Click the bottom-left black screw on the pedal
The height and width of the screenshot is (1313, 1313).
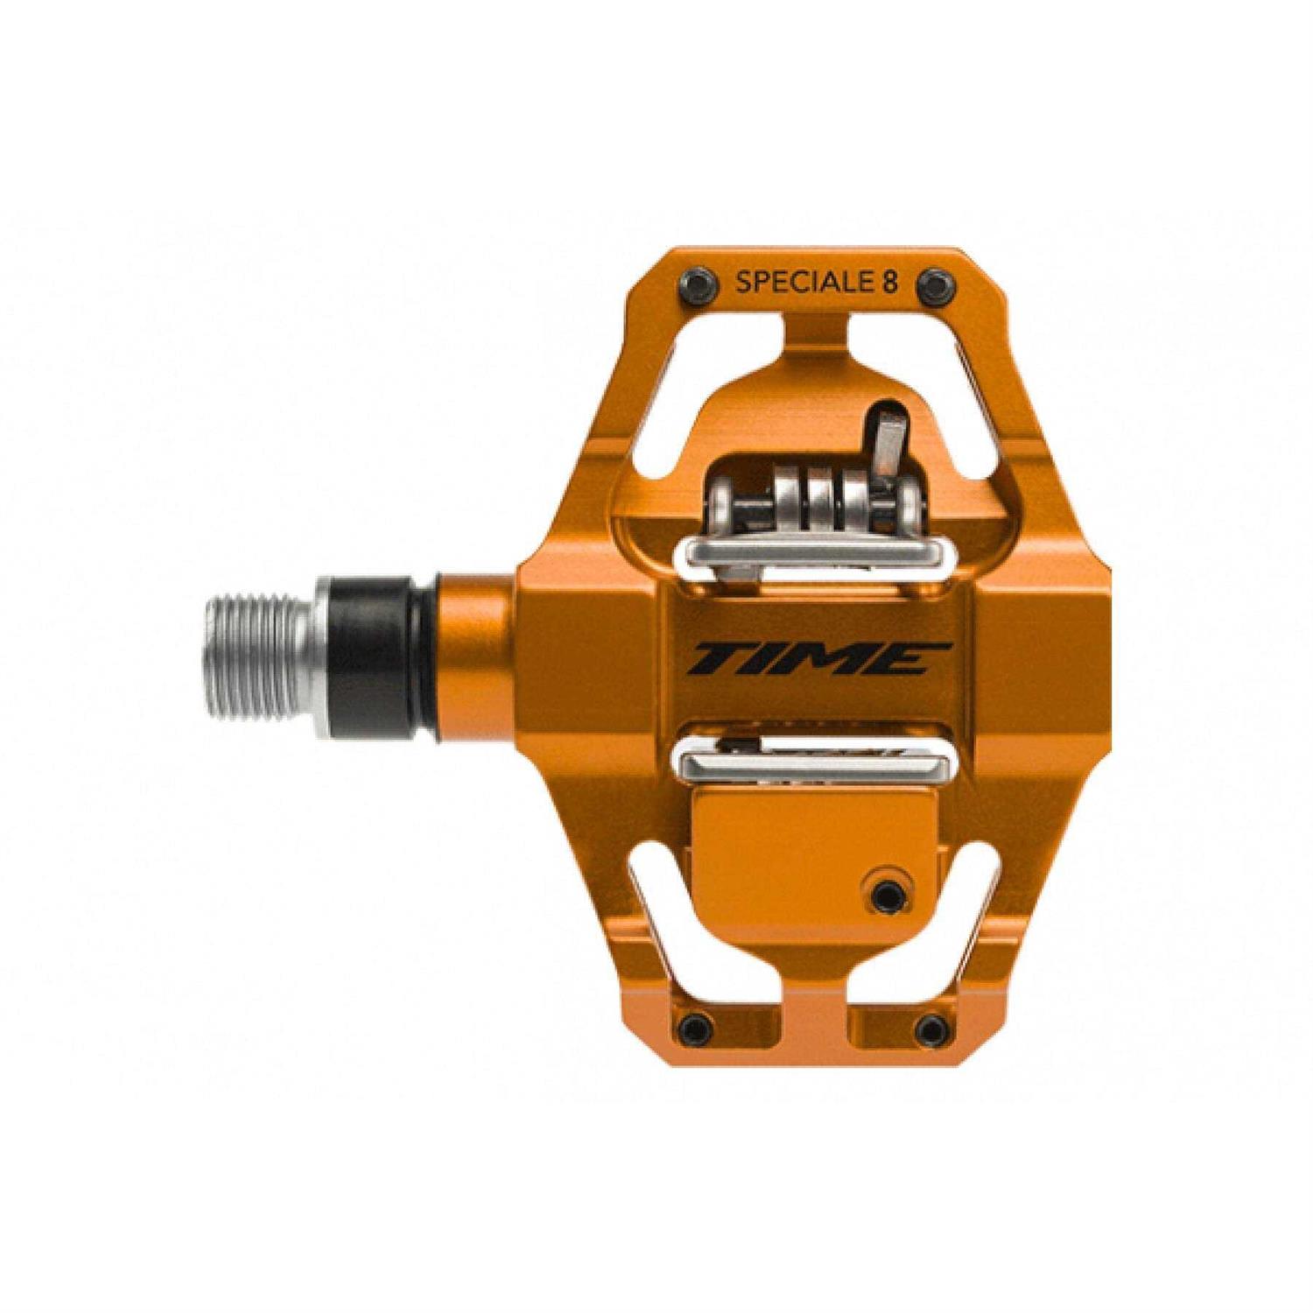697,1025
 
